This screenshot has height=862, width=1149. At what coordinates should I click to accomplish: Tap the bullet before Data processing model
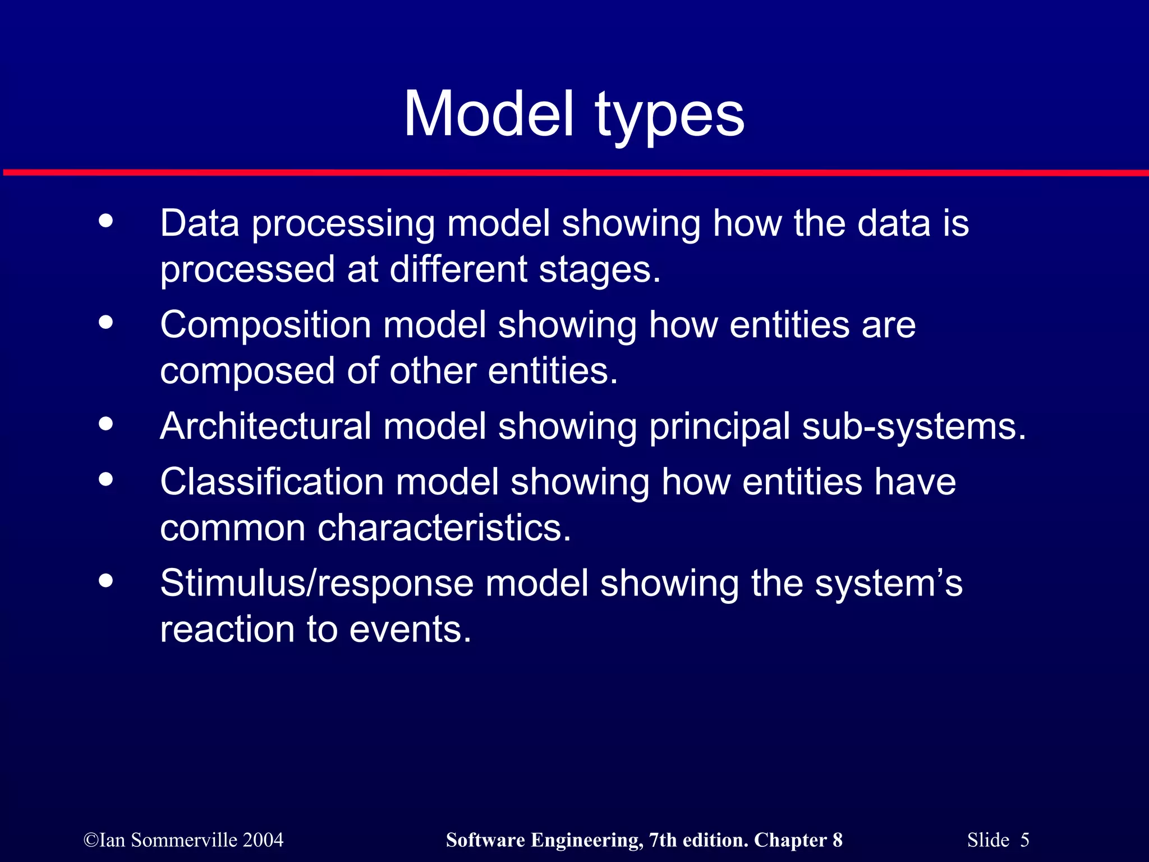coord(105,221)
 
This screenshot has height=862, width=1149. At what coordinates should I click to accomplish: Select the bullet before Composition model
coord(105,323)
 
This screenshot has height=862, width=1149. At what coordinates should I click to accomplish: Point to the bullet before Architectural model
coord(105,424)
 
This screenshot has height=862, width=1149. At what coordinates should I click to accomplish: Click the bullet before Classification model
coord(105,479)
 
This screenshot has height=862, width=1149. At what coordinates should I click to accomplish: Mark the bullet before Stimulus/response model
coord(105,581)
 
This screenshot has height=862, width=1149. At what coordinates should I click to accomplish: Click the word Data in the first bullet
coord(200,223)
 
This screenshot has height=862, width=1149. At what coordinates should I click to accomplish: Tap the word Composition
coord(265,325)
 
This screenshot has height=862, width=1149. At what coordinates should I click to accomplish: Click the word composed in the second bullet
coord(247,372)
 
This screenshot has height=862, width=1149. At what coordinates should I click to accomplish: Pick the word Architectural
coord(265,427)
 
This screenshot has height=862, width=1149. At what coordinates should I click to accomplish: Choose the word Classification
coord(272,482)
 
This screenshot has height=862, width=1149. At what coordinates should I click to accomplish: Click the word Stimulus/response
coord(316,584)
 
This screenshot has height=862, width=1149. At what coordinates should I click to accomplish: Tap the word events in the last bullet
coord(410,629)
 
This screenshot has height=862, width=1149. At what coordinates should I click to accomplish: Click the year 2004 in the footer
coord(263,840)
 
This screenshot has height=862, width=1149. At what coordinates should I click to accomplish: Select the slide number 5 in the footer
coord(1024,840)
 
